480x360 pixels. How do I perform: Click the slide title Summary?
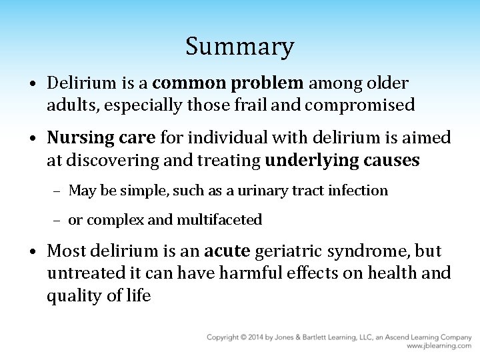pos(239,47)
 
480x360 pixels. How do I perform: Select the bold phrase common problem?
pos(228,83)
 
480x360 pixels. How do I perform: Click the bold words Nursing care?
pos(101,137)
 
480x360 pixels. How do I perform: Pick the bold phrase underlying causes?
pos(342,160)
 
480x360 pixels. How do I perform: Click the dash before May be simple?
pos(58,191)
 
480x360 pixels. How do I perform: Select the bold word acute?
pos(227,251)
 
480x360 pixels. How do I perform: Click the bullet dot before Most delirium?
pos(33,252)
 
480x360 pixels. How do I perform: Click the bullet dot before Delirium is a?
pos(33,84)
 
